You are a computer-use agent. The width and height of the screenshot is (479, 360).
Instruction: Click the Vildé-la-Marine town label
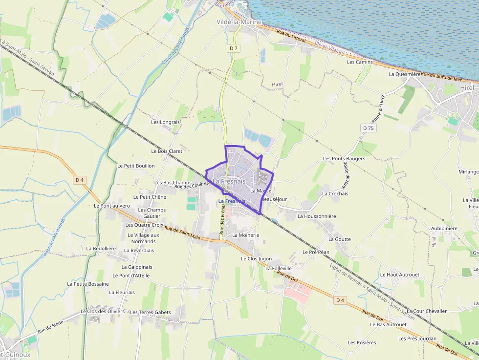(239, 22)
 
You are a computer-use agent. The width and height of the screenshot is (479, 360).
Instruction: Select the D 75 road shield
(369, 128)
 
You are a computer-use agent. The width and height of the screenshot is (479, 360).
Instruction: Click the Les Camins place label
(360, 62)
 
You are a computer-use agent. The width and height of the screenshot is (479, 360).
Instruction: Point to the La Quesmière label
(404, 74)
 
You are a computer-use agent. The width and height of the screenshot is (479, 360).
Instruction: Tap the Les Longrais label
(166, 122)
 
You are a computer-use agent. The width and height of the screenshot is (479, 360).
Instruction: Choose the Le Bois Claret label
(167, 151)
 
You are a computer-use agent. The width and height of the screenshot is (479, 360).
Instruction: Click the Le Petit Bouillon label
(136, 166)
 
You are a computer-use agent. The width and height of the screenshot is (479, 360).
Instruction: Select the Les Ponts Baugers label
(344, 159)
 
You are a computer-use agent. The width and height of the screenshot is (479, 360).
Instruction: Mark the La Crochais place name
(335, 193)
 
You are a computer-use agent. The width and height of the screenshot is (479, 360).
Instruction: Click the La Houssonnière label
(317, 216)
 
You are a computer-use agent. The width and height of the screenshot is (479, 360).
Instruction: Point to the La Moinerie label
(245, 235)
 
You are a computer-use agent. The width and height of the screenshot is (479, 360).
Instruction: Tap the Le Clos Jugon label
(256, 258)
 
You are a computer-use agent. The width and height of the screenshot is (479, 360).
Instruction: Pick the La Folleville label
(279, 268)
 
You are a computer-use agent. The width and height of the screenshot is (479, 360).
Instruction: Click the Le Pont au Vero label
(112, 206)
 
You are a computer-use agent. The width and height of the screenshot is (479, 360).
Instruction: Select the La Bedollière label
(101, 248)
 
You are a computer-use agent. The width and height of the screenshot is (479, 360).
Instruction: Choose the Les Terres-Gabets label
(151, 312)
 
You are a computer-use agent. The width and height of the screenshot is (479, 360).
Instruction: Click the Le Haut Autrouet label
(399, 275)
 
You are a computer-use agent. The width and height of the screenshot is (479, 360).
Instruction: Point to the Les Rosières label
(362, 342)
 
